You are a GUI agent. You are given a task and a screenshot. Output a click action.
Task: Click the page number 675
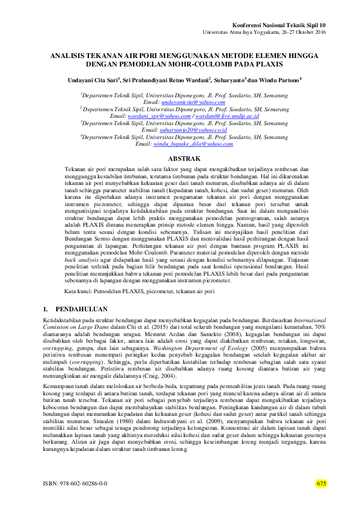[x=321, y=484]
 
